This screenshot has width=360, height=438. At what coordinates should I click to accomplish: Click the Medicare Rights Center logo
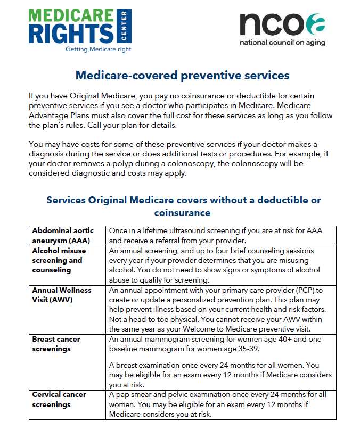tap(80, 29)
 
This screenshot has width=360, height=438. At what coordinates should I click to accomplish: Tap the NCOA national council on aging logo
tap(282, 29)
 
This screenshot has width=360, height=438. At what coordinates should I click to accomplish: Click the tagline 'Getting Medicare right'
tap(98, 49)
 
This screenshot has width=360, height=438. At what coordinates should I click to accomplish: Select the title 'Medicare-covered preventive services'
tap(182, 75)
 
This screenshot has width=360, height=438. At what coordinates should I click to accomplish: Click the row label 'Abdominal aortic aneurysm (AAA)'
tap(63, 235)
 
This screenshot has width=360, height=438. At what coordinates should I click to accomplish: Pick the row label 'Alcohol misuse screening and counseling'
tap(58, 260)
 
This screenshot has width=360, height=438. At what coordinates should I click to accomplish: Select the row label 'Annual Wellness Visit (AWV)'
tap(62, 295)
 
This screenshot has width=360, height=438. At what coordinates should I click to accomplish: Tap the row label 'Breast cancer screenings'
tap(56, 344)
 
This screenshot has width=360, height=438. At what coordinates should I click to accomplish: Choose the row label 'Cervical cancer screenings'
tap(59, 399)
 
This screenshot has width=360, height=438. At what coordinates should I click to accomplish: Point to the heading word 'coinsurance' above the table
tap(183, 213)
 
